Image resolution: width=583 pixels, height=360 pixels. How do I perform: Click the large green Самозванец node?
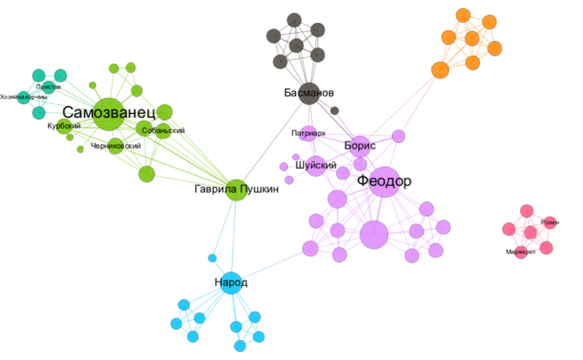(107, 114)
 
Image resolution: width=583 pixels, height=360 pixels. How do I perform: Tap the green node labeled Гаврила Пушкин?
(237, 190)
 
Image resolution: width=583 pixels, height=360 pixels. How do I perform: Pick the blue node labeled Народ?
(231, 283)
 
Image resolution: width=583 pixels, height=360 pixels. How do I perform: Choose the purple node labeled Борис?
(360, 145)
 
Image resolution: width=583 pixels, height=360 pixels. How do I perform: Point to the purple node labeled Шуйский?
(316, 165)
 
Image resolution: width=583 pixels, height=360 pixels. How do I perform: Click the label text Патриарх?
(309, 133)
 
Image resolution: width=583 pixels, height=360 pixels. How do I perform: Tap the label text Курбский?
(64, 126)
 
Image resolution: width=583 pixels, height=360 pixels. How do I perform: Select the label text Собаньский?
(163, 130)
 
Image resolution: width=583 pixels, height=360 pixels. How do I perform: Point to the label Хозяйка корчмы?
(24, 97)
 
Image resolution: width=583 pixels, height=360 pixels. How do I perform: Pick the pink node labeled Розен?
(549, 223)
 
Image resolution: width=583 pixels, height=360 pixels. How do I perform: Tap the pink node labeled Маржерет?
(521, 252)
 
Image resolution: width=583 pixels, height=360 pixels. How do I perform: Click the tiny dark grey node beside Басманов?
(334, 110)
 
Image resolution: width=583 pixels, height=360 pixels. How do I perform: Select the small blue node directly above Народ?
(212, 258)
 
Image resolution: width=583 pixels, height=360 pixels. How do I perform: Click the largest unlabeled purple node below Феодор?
(373, 235)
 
